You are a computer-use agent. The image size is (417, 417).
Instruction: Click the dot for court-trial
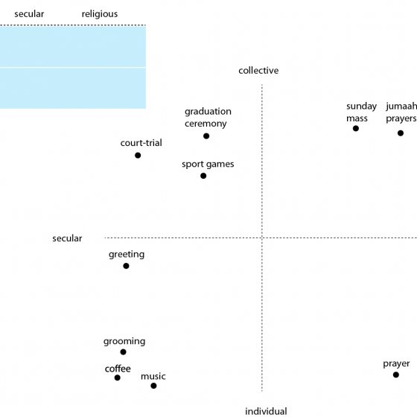click(x=138, y=156)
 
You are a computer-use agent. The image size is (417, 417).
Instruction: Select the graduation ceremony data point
click(x=206, y=136)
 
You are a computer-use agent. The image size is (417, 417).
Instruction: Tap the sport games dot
click(x=203, y=176)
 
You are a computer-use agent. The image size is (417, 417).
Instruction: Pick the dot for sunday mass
click(x=356, y=128)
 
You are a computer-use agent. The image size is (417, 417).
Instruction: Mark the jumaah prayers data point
click(x=401, y=133)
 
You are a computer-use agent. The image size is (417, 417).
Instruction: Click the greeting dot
click(x=126, y=266)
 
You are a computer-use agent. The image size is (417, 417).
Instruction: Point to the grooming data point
click(x=123, y=352)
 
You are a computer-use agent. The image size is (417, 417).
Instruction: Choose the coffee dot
click(x=118, y=378)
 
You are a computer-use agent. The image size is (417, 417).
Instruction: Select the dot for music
click(x=153, y=386)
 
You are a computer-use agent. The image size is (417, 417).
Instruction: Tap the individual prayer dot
click(x=396, y=375)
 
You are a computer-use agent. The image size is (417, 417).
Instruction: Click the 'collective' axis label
click(x=258, y=71)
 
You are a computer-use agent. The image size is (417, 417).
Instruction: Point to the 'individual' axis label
click(x=266, y=411)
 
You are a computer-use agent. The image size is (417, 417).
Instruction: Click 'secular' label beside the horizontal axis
click(x=67, y=238)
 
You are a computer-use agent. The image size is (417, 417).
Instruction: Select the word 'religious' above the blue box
click(x=100, y=14)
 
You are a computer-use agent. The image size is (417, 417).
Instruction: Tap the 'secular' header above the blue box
click(x=29, y=14)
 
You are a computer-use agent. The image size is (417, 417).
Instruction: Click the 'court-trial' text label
click(x=141, y=143)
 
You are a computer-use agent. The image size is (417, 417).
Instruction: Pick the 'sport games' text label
click(x=208, y=165)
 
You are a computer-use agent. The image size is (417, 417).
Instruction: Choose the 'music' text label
click(x=153, y=376)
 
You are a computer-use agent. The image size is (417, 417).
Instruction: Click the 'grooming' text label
click(x=124, y=342)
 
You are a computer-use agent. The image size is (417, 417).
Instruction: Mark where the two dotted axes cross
click(x=262, y=238)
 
